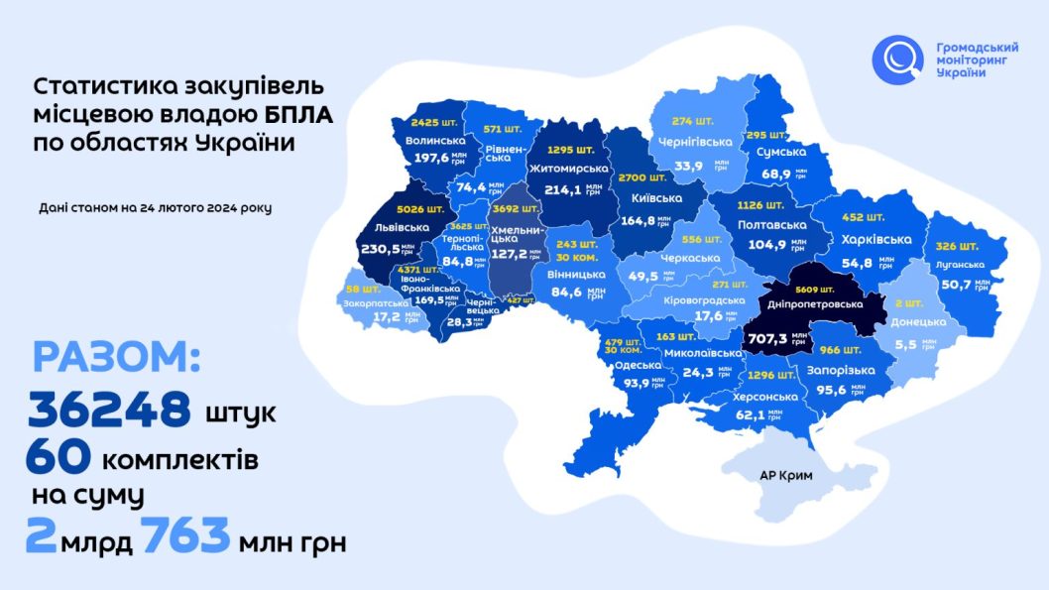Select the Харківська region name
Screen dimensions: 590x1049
(x=875, y=240)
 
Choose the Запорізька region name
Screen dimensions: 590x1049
(x=839, y=369)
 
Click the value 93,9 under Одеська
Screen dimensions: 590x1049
(x=630, y=383)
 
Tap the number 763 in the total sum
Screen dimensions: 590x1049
(x=185, y=539)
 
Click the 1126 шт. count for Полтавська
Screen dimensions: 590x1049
(x=761, y=206)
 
